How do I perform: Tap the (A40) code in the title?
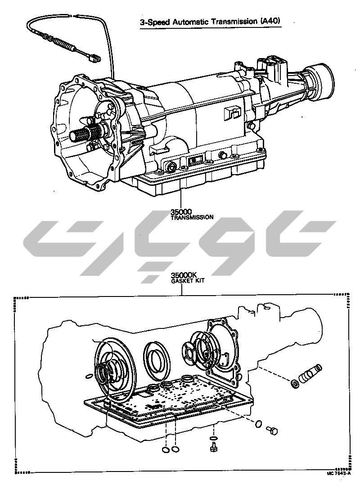pyautogui.click(x=273, y=21)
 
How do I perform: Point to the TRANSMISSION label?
pyautogui.click(x=192, y=217)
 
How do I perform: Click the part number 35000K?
pyautogui.click(x=184, y=275)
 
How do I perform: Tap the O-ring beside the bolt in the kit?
pyautogui.click(x=259, y=424)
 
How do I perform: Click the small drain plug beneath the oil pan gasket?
pyautogui.click(x=214, y=447)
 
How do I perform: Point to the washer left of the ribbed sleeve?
pyautogui.click(x=295, y=384)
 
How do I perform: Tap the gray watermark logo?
pyautogui.click(x=180, y=243)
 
